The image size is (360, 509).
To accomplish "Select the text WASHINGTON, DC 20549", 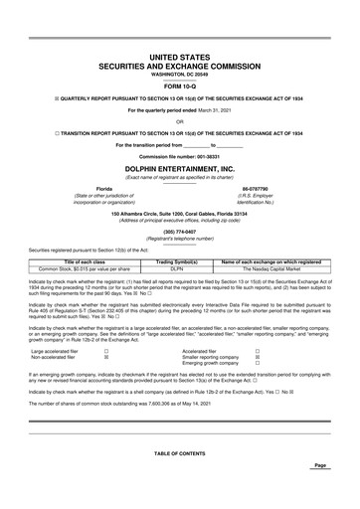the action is pyautogui.click(x=179, y=74).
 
